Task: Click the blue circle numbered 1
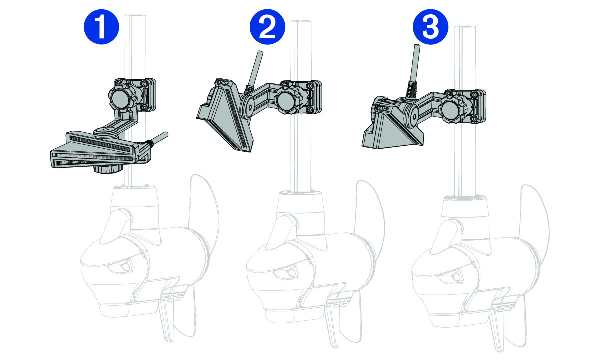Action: click(x=101, y=27)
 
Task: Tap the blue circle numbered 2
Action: click(x=267, y=27)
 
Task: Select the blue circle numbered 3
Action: click(x=430, y=27)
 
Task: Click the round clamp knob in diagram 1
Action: click(x=122, y=98)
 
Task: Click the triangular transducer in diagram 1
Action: click(x=100, y=151)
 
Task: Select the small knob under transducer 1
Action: click(x=108, y=169)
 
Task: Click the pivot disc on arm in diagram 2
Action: click(x=249, y=107)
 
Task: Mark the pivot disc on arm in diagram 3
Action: click(x=414, y=116)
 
